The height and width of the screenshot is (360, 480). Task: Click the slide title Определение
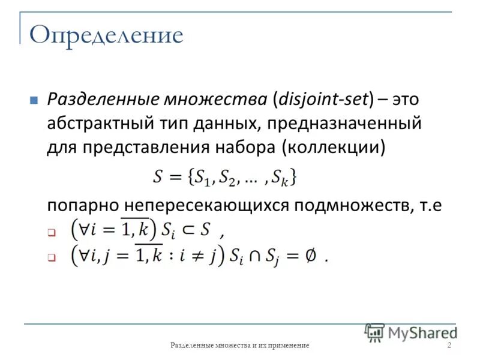coord(106,35)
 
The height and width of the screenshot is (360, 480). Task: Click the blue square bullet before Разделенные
coord(34,100)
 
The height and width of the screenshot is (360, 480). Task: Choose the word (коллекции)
coord(335,148)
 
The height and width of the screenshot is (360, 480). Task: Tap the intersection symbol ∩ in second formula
coord(256,256)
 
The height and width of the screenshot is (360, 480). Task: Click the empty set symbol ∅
coord(310,256)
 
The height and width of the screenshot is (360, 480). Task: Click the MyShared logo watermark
coord(410,332)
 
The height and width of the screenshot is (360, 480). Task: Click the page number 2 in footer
coord(449,345)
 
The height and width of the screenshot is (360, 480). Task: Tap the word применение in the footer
coord(287,346)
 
